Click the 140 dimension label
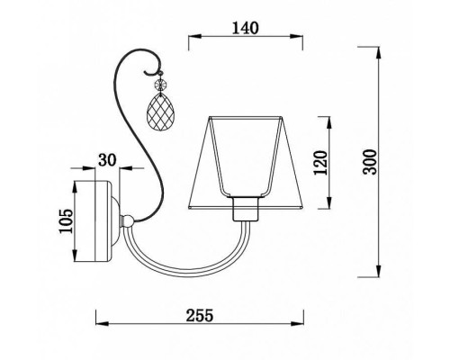pyautogui.click(x=245, y=28)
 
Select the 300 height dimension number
pyautogui.click(x=369, y=162)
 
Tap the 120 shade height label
pyautogui.click(x=320, y=163)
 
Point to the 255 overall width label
pyautogui.click(x=200, y=315)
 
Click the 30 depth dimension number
pyautogui.click(x=107, y=160)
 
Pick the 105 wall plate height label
pyautogui.click(x=66, y=221)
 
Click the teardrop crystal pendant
pyautogui.click(x=158, y=112)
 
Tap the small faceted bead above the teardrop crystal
pyautogui.click(x=160, y=85)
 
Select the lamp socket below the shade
pyautogui.click(x=246, y=209)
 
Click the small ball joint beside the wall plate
pyautogui.click(x=128, y=221)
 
